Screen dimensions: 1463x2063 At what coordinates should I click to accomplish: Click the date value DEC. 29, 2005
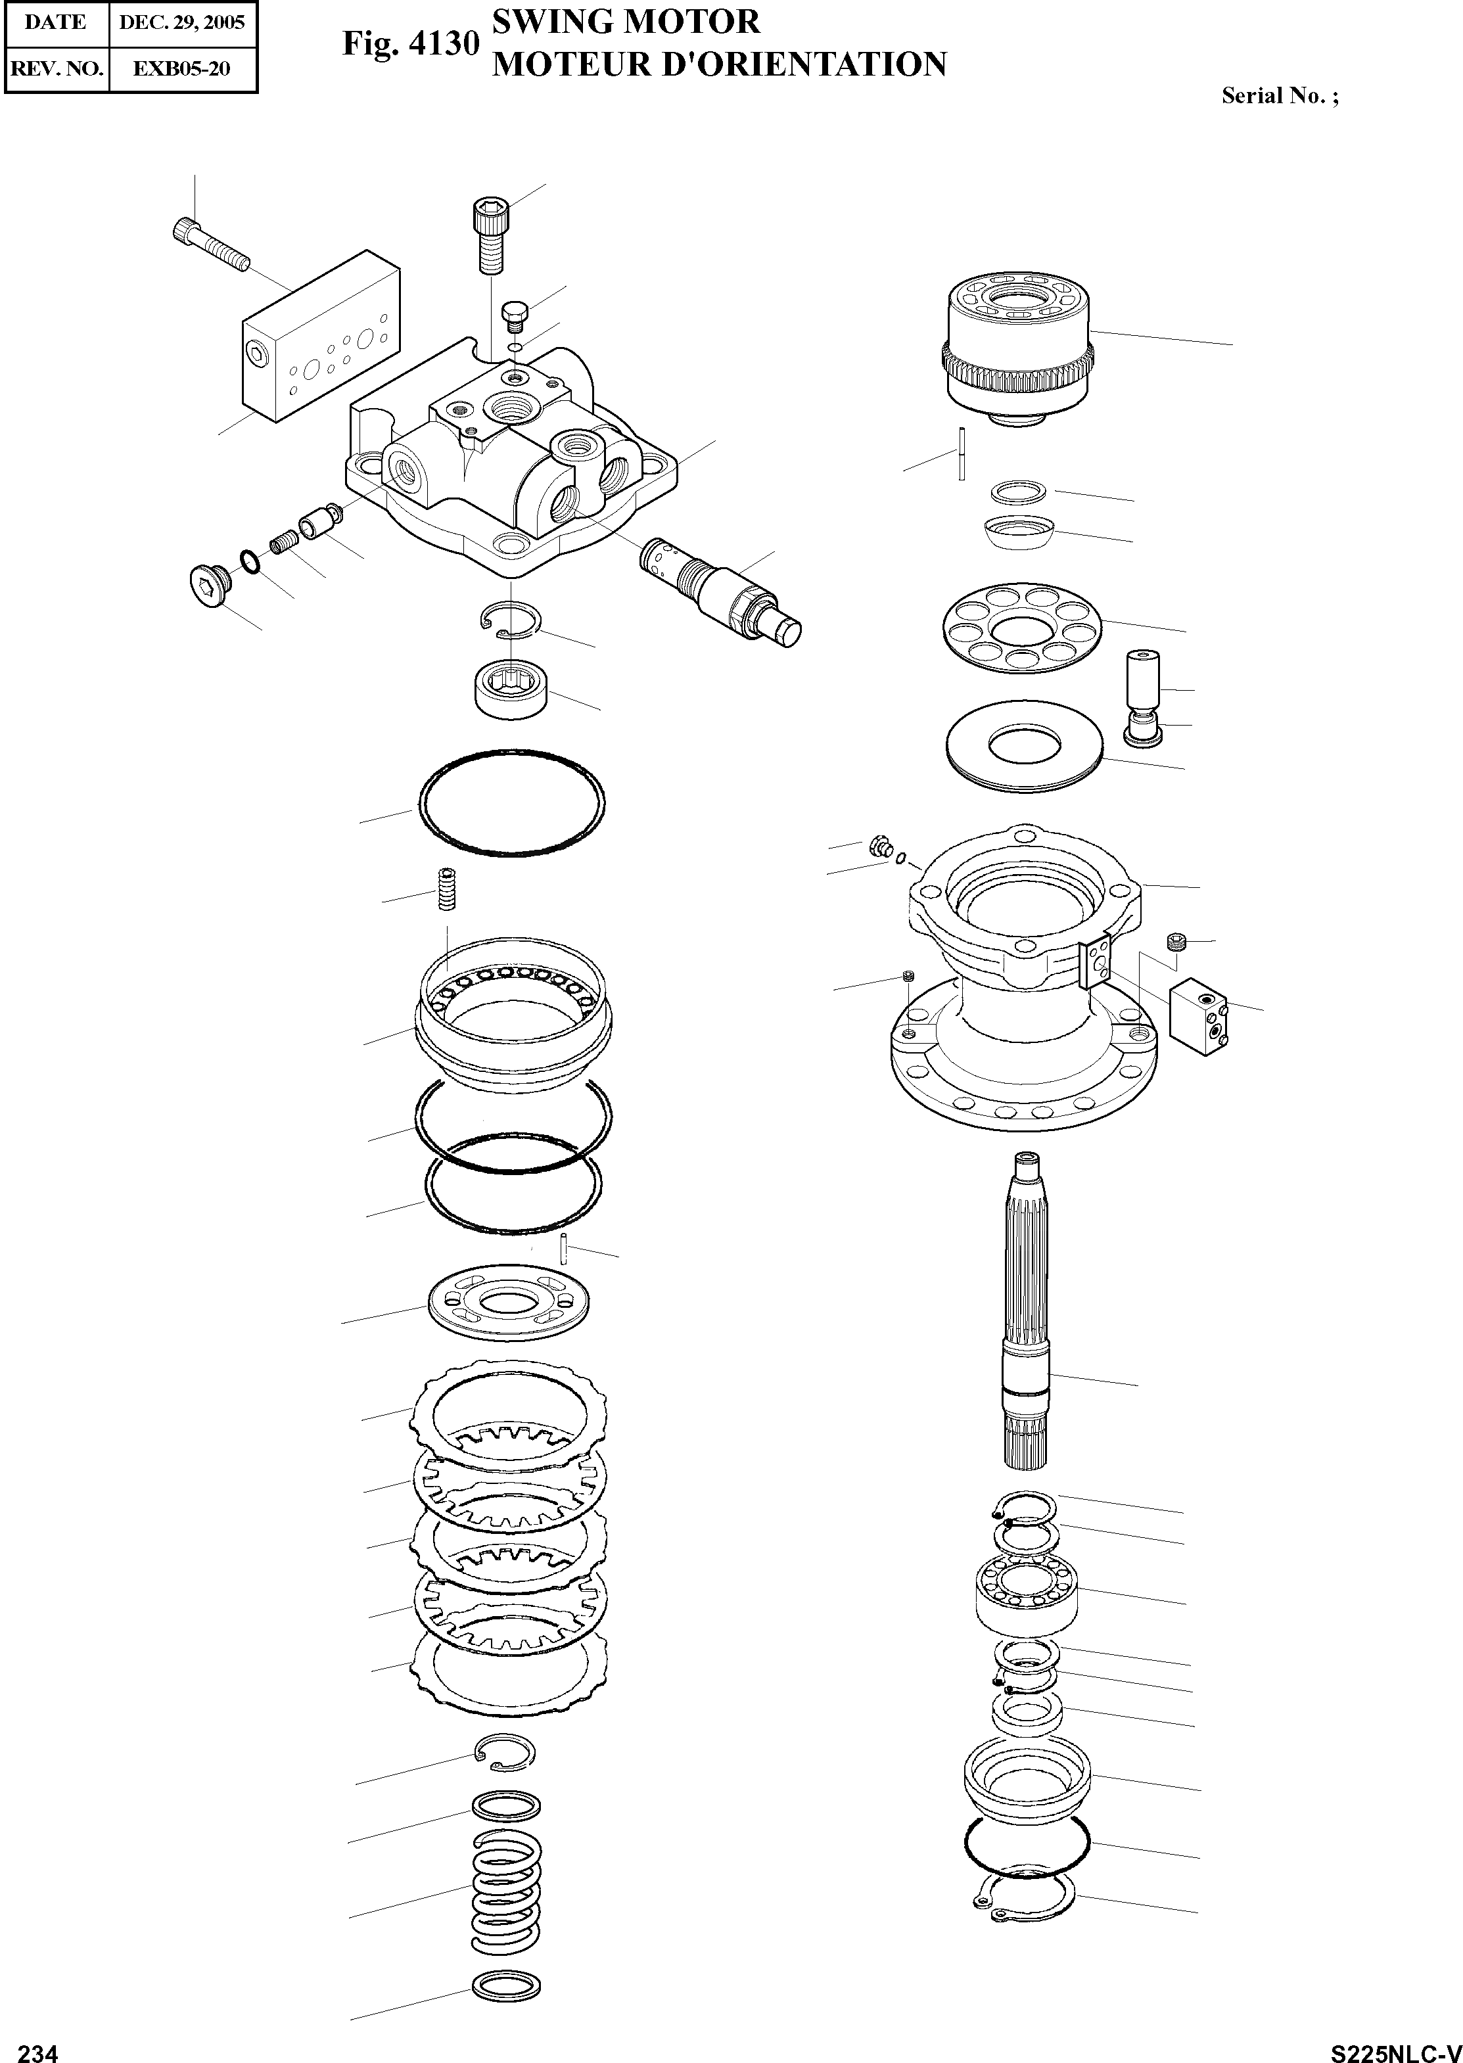(182, 22)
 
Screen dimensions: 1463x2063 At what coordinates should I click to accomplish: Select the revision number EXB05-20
(182, 68)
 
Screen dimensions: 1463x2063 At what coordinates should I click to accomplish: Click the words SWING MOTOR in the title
(625, 22)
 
